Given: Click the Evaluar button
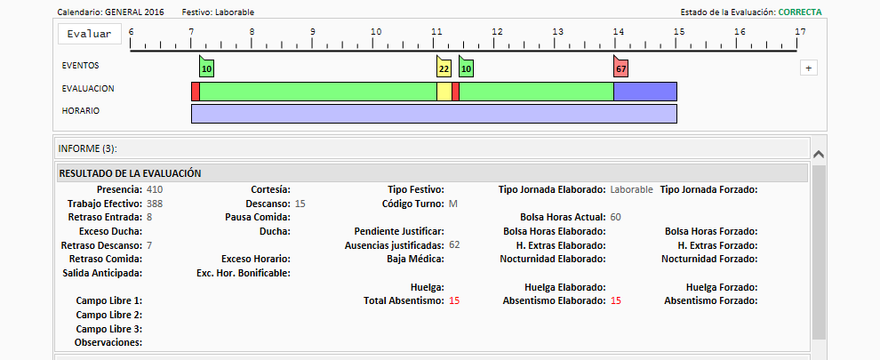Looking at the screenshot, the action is click(89, 34).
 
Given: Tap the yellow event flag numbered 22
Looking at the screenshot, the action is click(444, 67).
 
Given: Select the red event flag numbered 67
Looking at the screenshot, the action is click(620, 67).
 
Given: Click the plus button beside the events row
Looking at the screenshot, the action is click(808, 68).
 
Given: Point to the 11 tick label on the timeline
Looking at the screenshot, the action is click(436, 31).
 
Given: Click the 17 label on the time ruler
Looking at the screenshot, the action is click(800, 31).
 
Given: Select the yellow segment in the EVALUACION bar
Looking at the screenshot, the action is click(444, 92).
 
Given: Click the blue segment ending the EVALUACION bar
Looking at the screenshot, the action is click(644, 92).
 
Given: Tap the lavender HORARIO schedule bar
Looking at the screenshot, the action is click(434, 114).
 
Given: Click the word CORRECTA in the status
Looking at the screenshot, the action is click(800, 12).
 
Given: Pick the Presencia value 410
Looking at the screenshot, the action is click(155, 190).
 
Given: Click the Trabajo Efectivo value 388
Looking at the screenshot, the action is click(155, 204).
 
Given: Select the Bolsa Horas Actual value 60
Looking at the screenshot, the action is click(615, 218).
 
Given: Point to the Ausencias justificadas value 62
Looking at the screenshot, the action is click(454, 244).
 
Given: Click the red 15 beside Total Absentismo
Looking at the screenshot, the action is click(454, 300).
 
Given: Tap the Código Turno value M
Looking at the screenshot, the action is click(453, 204).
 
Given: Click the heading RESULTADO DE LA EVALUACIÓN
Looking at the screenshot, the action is click(130, 173).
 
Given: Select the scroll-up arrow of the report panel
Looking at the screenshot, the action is click(819, 154).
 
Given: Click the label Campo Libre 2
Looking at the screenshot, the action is click(108, 315).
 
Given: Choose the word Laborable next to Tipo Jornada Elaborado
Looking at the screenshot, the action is click(631, 190).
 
